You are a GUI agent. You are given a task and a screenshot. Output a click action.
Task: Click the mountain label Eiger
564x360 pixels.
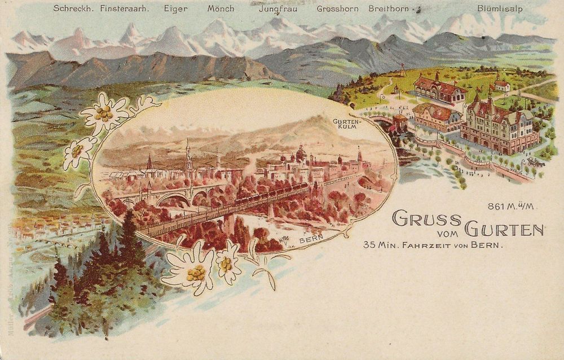pyautogui.click(x=175, y=8)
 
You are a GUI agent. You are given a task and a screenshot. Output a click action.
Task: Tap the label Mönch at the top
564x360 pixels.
pyautogui.click(x=221, y=8)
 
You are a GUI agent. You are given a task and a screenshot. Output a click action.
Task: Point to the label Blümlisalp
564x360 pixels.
pyautogui.click(x=499, y=9)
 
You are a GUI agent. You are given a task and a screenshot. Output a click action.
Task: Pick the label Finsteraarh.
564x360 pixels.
pyautogui.click(x=125, y=8)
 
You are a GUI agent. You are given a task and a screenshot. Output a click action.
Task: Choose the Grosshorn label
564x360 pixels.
pyautogui.click(x=340, y=9)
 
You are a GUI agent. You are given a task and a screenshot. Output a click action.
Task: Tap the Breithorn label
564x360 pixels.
pyautogui.click(x=390, y=9)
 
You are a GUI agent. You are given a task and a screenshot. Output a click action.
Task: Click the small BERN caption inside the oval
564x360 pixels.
pyautogui.click(x=311, y=239)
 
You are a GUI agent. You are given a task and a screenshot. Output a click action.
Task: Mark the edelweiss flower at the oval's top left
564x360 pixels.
pyautogui.click(x=104, y=113)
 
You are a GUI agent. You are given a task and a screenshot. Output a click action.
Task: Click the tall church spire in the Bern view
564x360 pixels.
pyautogui.click(x=188, y=155)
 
